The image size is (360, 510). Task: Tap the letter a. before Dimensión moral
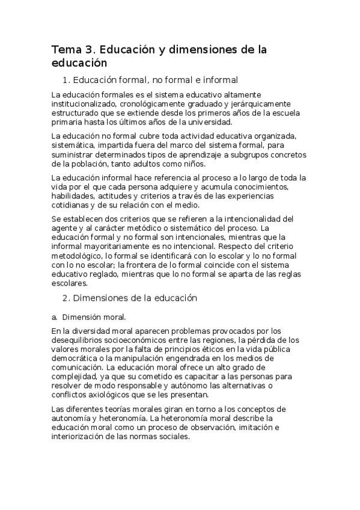click(x=55, y=317)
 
